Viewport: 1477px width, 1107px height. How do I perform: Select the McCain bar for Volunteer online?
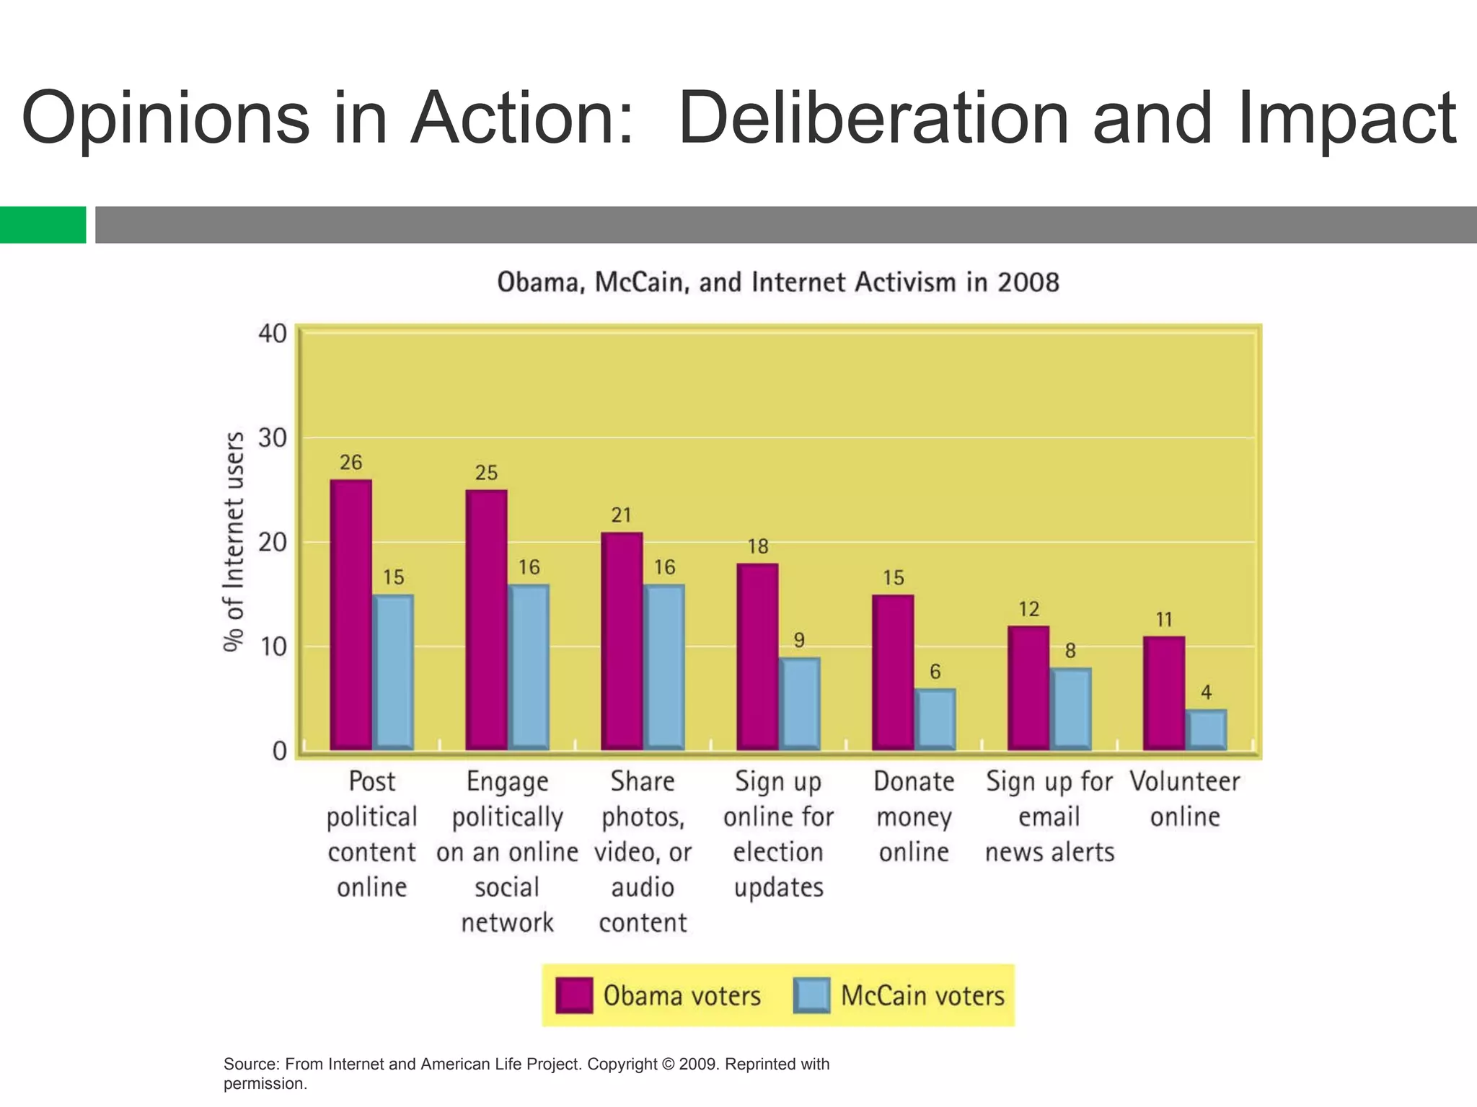pyautogui.click(x=1206, y=729)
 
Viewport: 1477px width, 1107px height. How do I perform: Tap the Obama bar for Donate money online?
pyautogui.click(x=893, y=672)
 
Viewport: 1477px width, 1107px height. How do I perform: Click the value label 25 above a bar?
pyautogui.click(x=486, y=473)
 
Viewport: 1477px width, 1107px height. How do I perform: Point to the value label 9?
pyautogui.click(x=799, y=640)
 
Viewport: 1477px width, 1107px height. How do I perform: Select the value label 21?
pyautogui.click(x=621, y=515)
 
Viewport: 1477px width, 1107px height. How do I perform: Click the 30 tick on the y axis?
pyautogui.click(x=273, y=437)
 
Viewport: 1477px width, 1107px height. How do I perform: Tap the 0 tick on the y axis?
pyautogui.click(x=280, y=752)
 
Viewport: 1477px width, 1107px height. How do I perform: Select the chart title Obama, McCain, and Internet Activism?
pyautogui.click(x=777, y=283)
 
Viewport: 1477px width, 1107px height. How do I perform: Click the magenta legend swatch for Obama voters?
pyautogui.click(x=574, y=995)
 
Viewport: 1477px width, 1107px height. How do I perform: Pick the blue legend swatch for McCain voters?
pyautogui.click(x=811, y=995)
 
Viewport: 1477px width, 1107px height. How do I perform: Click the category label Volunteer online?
pyautogui.click(x=1184, y=799)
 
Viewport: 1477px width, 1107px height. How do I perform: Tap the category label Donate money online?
pyautogui.click(x=913, y=817)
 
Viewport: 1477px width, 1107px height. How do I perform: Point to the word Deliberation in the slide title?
pyautogui.click(x=873, y=119)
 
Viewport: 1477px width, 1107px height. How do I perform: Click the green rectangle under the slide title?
pyautogui.click(x=43, y=225)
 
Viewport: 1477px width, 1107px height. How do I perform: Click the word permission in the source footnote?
pyautogui.click(x=263, y=1083)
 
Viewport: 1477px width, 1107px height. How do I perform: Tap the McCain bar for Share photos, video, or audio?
pyautogui.click(x=663, y=667)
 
